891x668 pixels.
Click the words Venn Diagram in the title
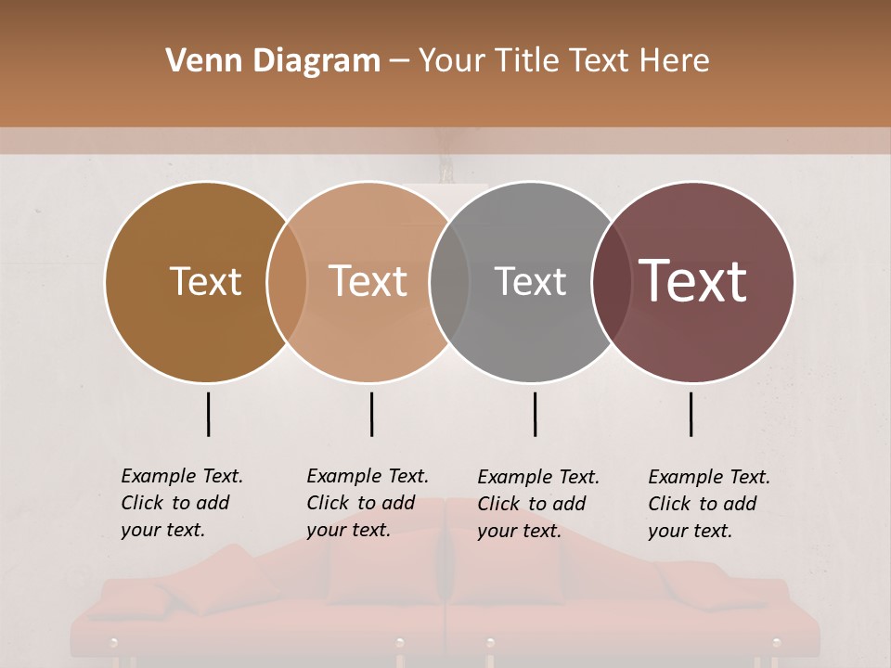(x=272, y=61)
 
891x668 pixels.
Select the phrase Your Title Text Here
(x=563, y=61)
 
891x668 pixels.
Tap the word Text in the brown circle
(x=205, y=282)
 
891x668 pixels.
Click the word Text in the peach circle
(x=368, y=281)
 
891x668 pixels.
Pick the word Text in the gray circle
(x=530, y=282)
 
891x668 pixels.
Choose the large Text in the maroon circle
(x=693, y=281)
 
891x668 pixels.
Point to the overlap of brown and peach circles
(x=287, y=282)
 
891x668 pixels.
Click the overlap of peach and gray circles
(x=449, y=282)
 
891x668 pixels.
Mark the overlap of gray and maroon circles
(x=611, y=282)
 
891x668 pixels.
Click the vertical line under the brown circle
(x=209, y=414)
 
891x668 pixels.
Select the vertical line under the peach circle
(x=371, y=414)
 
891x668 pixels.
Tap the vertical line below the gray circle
(x=535, y=414)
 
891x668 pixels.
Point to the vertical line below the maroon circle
(x=691, y=414)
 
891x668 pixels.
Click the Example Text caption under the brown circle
(x=181, y=503)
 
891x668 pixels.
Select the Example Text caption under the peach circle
(x=367, y=503)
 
